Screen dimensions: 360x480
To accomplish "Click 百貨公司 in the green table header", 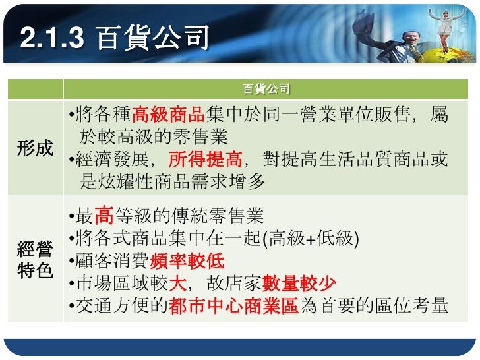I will tap(266, 89).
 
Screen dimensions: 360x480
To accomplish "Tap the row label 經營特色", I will tap(35, 260).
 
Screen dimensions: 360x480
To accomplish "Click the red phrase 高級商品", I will tap(169, 117).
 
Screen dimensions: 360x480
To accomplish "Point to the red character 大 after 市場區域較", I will tap(177, 284).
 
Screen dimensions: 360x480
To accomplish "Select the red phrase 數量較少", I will tap(299, 284).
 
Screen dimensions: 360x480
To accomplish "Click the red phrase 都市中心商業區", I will tap(234, 306).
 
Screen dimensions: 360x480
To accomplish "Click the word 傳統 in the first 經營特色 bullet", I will tap(182, 216).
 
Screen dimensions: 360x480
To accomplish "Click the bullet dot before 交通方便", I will tap(71, 306).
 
